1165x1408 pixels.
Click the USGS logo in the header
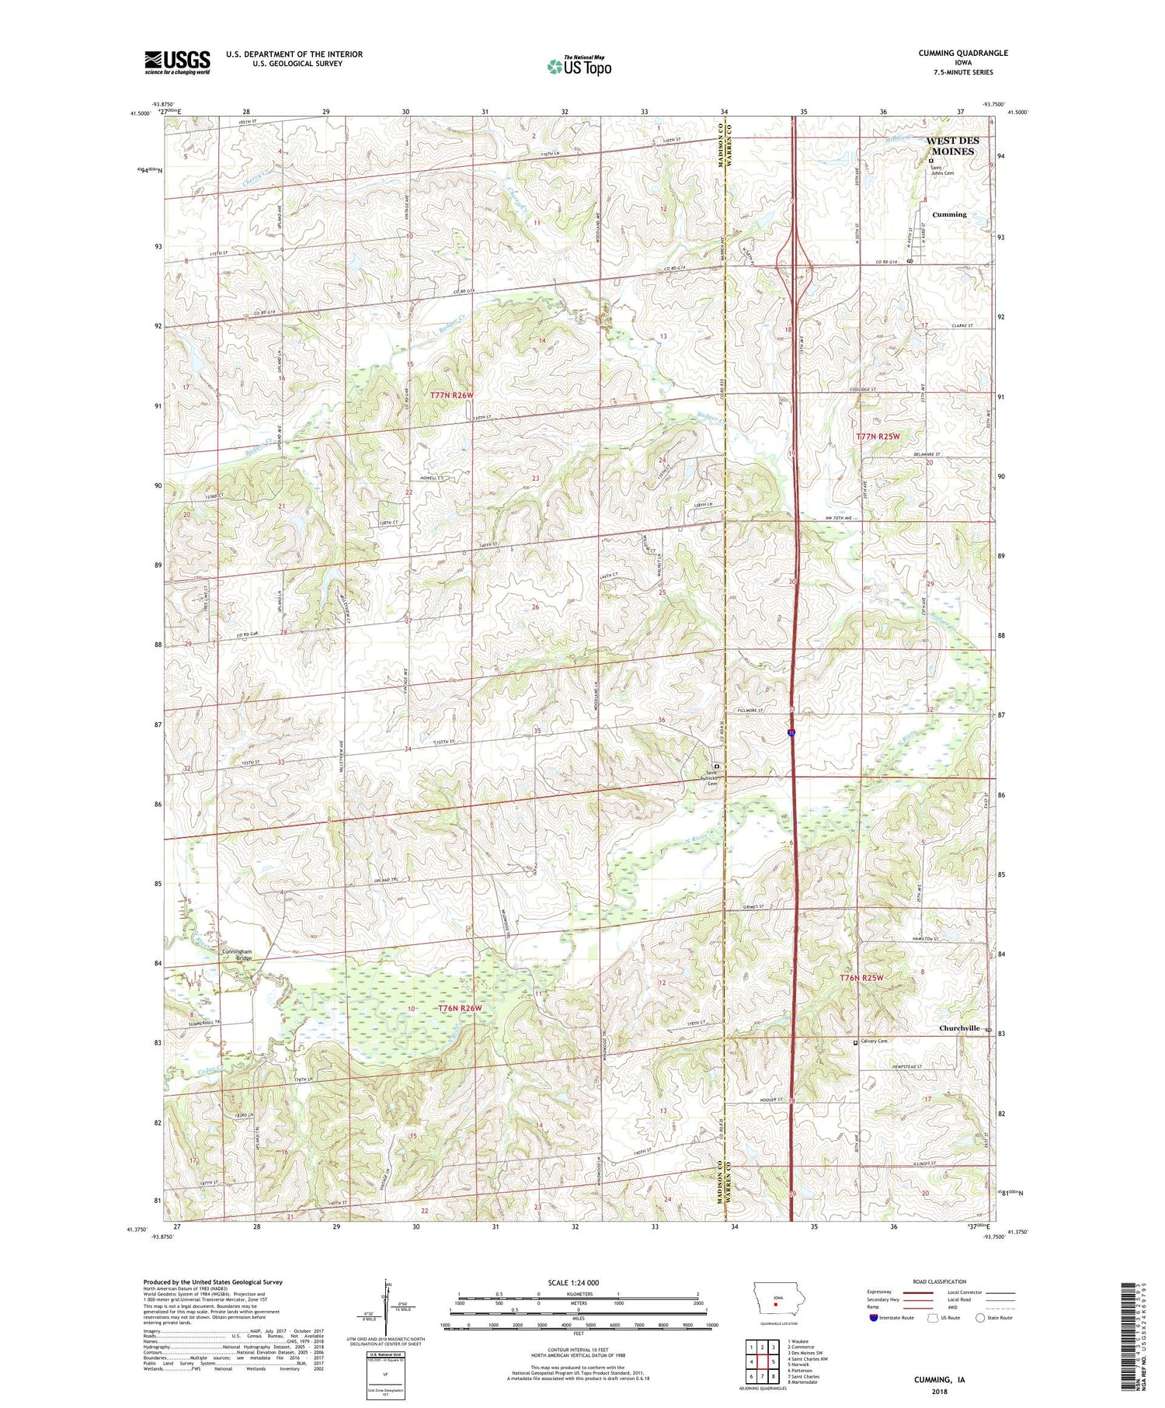(x=177, y=62)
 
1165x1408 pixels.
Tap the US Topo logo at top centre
(x=579, y=67)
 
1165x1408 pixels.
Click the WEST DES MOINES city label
(x=952, y=146)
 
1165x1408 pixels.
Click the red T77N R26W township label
(x=452, y=395)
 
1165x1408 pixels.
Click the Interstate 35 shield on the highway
(x=791, y=732)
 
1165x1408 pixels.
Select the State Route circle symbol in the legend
(x=981, y=1317)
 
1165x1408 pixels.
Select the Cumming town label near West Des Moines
(x=949, y=214)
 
